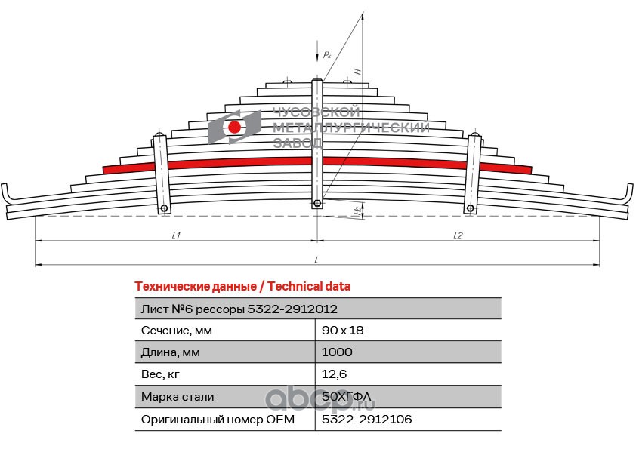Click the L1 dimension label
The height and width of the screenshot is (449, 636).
click(x=175, y=236)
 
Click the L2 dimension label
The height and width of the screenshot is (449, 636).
click(x=458, y=236)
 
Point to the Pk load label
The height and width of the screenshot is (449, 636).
click(x=326, y=55)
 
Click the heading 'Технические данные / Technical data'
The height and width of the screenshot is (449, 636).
click(x=242, y=287)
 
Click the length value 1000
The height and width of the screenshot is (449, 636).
click(x=337, y=352)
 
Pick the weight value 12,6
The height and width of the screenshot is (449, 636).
click(x=334, y=374)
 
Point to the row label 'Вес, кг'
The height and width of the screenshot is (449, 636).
click(x=161, y=374)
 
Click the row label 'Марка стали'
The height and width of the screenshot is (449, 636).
click(x=178, y=397)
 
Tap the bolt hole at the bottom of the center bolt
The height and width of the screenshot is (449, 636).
click(x=317, y=203)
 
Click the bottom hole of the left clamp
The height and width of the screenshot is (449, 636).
click(x=164, y=208)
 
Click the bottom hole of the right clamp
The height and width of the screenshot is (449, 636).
click(x=470, y=208)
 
